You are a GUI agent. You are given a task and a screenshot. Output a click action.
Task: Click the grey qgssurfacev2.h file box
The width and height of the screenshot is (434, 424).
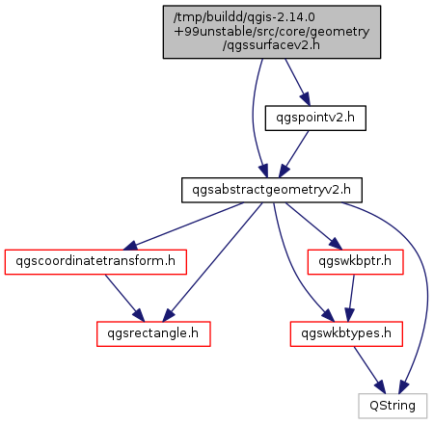272,32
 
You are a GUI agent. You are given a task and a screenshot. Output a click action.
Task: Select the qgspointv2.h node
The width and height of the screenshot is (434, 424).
315,118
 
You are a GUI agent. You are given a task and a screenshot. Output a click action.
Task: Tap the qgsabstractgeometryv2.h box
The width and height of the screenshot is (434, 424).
272,190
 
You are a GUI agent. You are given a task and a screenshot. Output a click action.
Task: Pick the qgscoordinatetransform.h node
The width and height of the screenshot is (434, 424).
95,262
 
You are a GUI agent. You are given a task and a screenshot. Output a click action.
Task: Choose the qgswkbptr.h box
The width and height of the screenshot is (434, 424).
355,262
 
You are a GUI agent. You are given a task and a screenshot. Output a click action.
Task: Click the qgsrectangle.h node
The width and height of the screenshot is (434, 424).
153,333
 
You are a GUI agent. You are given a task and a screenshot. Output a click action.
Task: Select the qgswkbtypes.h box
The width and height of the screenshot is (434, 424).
346,333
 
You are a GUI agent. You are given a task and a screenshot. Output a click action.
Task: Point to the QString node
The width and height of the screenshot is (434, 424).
393,406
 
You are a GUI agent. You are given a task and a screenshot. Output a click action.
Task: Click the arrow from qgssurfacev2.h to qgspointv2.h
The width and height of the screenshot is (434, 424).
297,82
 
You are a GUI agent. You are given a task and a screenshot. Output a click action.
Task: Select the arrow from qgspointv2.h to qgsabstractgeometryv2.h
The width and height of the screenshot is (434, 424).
293,154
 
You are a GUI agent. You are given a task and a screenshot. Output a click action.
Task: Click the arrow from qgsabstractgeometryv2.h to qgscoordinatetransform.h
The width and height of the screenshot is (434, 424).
183,226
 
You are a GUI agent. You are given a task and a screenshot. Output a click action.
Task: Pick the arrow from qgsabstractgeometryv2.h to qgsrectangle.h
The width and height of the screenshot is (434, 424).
212,262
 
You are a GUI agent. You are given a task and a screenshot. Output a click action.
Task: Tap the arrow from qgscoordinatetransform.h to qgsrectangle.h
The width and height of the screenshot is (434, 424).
124,298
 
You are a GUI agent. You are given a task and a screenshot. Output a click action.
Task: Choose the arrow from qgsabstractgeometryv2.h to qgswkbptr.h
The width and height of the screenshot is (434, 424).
313,226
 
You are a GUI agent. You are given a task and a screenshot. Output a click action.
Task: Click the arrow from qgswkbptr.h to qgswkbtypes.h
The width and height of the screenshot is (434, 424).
351,298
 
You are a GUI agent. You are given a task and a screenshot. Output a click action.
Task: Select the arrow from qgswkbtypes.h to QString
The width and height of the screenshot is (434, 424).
369,370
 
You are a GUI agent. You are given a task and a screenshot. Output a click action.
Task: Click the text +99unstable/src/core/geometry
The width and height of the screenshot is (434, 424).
272,32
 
